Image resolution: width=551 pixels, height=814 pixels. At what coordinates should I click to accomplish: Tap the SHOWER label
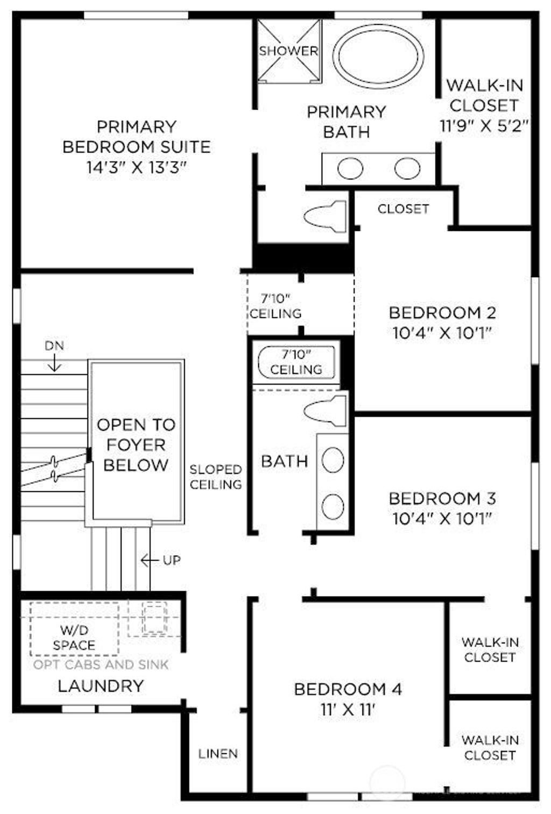[x=288, y=51]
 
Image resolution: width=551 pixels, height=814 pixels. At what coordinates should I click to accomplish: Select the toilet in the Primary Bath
[x=326, y=217]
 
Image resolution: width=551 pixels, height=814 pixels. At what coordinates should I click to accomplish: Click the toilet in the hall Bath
[x=326, y=412]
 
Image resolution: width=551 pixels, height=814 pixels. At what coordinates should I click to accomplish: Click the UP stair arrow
[x=149, y=561]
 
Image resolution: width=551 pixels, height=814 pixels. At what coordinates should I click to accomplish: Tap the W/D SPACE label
[x=74, y=638]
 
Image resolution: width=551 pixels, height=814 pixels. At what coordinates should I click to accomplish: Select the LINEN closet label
[x=218, y=754]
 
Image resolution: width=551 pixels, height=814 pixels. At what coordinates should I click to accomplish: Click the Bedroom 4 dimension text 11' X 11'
[x=348, y=710]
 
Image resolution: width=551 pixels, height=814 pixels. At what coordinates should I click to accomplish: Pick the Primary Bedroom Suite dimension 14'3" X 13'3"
[x=137, y=167]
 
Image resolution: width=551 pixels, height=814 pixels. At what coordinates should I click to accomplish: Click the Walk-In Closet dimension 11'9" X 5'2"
[x=484, y=126]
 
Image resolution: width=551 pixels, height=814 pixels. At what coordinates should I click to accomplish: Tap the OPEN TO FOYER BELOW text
[x=136, y=445]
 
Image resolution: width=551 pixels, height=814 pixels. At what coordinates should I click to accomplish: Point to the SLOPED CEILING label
[x=216, y=477]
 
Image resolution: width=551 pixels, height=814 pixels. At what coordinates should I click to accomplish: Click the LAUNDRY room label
[x=101, y=686]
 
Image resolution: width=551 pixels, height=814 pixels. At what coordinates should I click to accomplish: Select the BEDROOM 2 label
[x=442, y=313]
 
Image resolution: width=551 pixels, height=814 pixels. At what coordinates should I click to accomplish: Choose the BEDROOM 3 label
[x=442, y=498]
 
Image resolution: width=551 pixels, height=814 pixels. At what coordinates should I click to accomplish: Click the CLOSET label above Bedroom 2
[x=403, y=209]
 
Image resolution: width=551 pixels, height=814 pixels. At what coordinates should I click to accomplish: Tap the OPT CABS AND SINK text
[x=101, y=665]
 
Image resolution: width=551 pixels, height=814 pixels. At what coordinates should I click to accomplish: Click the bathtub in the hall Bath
[x=296, y=363]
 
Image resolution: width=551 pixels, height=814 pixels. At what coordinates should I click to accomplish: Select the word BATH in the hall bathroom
[x=285, y=461]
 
